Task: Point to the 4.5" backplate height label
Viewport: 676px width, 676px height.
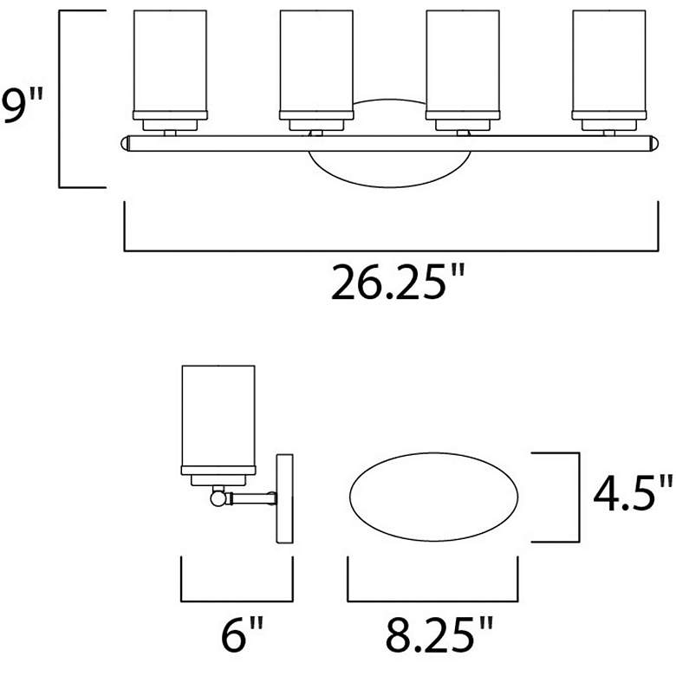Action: (632, 496)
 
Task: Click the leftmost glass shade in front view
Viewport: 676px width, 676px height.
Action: (170, 61)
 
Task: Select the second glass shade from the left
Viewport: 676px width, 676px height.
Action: (316, 61)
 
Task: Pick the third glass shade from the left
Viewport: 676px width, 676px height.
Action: (463, 61)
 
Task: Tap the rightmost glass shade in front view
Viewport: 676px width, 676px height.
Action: (609, 61)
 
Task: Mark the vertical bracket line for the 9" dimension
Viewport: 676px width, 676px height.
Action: (59, 100)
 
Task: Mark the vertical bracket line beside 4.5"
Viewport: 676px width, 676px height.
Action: (577, 497)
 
